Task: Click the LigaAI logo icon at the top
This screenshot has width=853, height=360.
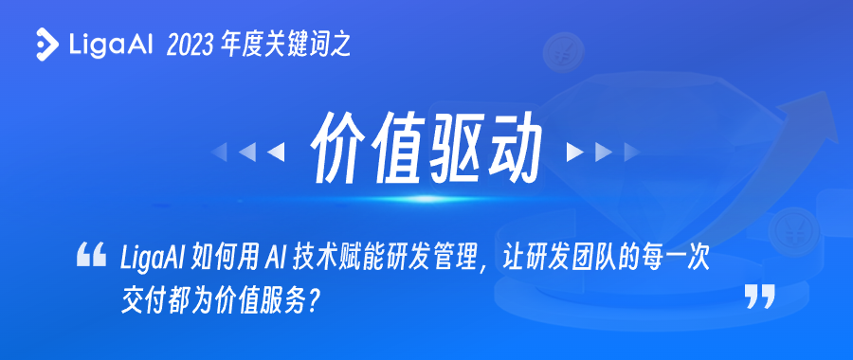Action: pos(47,44)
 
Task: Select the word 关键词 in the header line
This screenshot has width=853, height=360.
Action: pos(296,45)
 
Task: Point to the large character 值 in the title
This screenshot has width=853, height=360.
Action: pos(396,148)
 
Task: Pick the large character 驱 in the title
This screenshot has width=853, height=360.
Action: pos(455,148)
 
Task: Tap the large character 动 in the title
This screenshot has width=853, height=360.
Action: pos(513,148)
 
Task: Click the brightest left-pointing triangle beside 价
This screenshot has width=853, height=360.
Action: pos(277,153)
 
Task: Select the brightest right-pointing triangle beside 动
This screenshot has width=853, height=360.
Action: pos(574,153)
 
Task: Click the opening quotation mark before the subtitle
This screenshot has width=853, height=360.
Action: pos(91,255)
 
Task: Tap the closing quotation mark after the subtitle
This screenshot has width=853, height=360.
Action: pos(760,297)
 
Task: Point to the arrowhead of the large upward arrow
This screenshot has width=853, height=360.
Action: pos(809,112)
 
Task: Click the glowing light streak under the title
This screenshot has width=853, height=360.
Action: pos(425,199)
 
